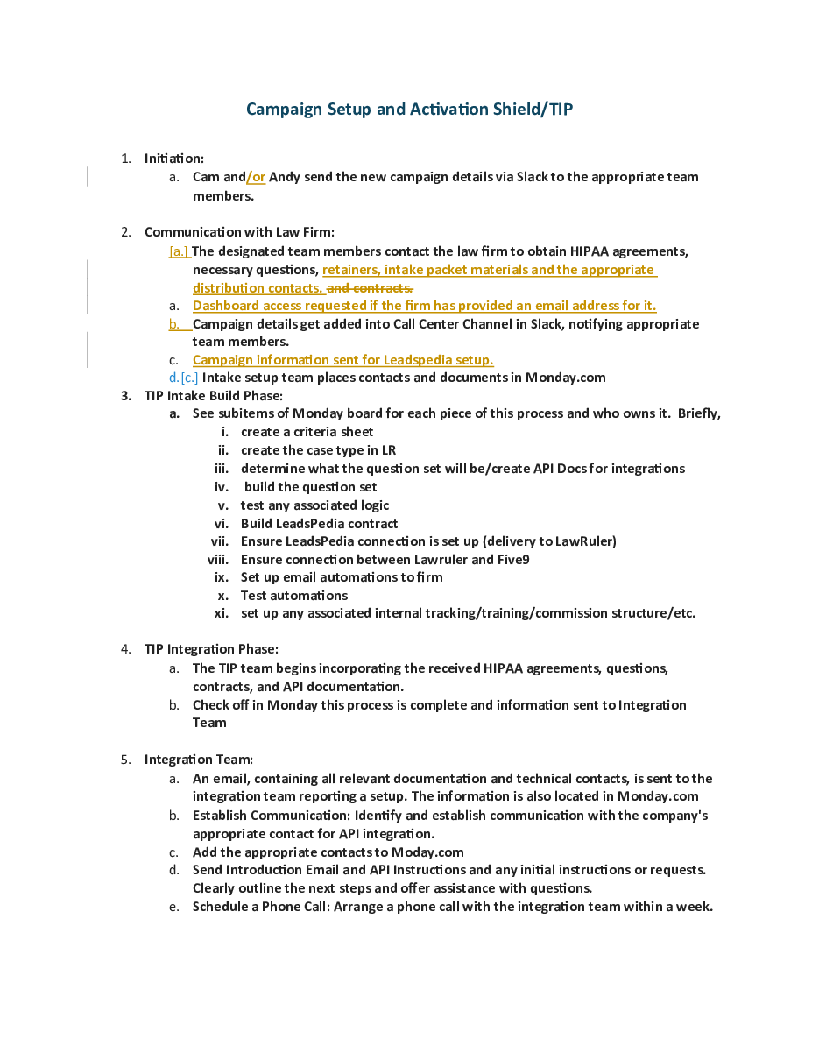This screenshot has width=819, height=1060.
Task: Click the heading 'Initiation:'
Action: (174, 159)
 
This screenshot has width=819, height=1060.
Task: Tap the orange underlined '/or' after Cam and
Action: (256, 177)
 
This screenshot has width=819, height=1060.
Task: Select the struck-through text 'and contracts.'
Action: (370, 288)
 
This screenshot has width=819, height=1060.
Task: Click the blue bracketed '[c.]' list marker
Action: (189, 378)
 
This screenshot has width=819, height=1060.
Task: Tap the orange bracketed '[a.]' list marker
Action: (179, 252)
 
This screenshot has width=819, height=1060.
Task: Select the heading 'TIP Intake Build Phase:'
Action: (213, 396)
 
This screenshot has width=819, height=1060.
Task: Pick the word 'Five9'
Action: (510, 560)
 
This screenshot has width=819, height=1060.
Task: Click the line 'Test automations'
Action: (294, 596)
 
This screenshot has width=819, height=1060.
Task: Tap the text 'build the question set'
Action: (311, 487)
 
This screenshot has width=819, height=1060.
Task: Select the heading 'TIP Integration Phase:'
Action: (211, 649)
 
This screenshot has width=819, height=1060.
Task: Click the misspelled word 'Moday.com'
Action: (427, 852)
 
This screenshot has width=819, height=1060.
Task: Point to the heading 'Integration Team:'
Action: (199, 760)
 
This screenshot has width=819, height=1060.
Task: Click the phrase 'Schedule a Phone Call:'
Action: (261, 907)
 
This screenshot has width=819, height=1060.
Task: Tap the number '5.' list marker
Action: (126, 760)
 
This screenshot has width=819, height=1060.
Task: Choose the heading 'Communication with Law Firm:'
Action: (239, 232)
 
